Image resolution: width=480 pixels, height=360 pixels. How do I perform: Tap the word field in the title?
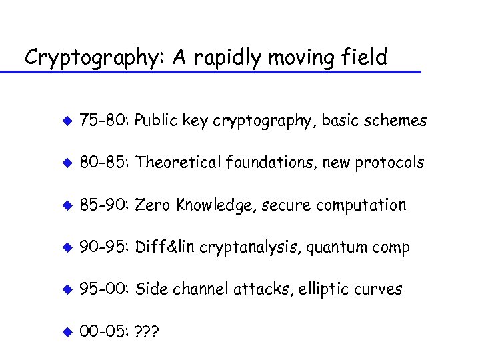pos(361,57)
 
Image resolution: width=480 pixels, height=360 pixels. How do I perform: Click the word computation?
pos(363,205)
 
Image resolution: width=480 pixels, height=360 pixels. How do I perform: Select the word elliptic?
pos(323,289)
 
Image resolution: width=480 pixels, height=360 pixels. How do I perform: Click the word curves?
pos(379,289)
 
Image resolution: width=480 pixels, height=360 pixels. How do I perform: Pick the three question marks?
pos(149,331)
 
